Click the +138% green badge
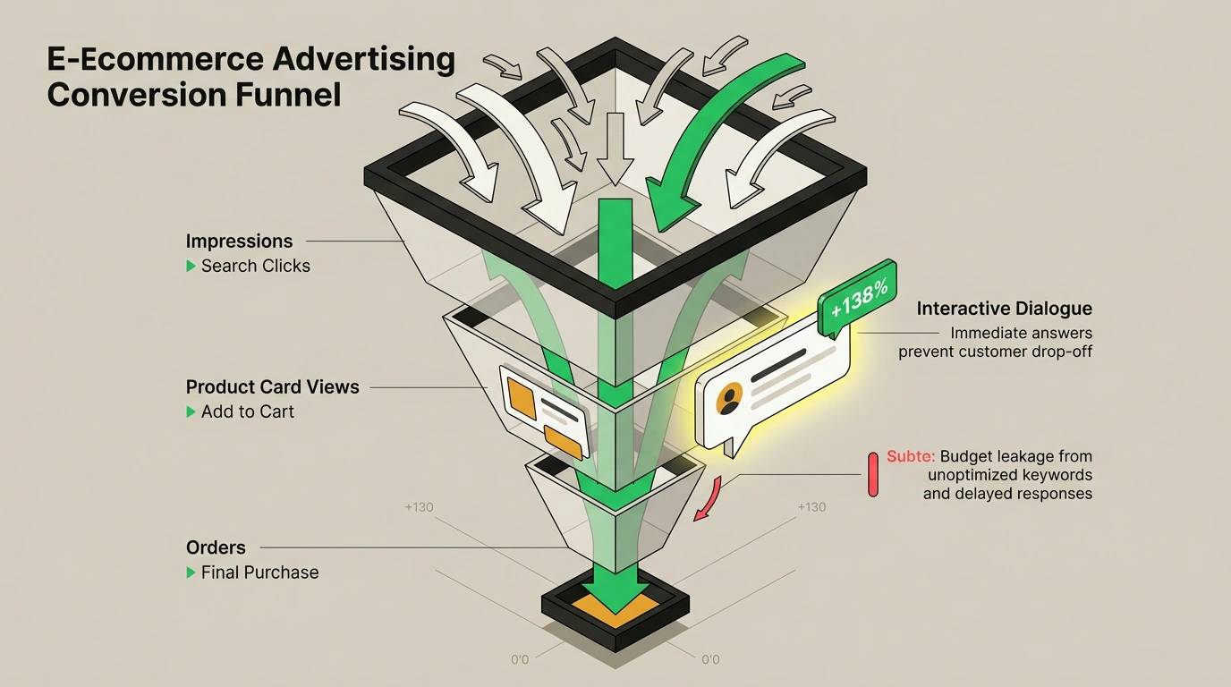(x=857, y=299)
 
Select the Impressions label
(x=239, y=242)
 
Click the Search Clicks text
(x=256, y=266)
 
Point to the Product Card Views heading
(x=273, y=387)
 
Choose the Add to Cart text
(x=247, y=411)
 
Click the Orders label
(x=216, y=547)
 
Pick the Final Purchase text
(x=260, y=572)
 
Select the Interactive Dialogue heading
(x=1005, y=309)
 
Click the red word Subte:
(x=911, y=456)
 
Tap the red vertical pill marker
(x=872, y=475)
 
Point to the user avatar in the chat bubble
(x=729, y=398)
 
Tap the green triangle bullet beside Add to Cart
(x=191, y=412)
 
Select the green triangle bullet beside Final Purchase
(x=191, y=572)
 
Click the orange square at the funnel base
(x=615, y=611)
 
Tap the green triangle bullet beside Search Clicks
(x=191, y=267)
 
